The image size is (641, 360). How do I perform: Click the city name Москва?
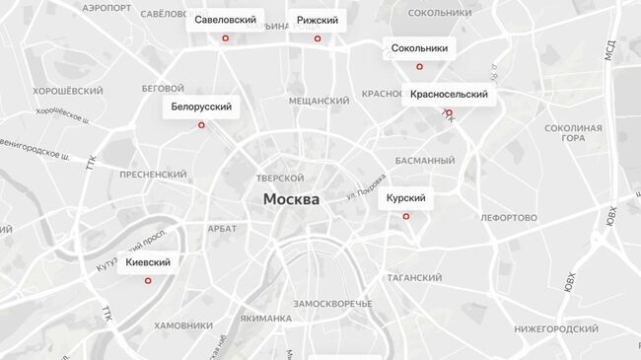(x=291, y=199)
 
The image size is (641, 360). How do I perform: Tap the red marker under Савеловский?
(x=226, y=38)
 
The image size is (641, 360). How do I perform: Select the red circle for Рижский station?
(x=318, y=38)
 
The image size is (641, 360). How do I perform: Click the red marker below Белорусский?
(x=201, y=125)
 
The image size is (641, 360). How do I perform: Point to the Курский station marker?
(x=406, y=217)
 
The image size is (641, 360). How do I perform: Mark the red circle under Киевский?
(x=148, y=281)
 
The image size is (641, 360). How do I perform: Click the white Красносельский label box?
(x=449, y=95)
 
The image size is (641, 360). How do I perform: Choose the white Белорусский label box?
(x=201, y=107)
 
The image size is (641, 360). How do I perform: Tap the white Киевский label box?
(x=148, y=262)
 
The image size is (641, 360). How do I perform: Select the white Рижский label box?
(x=318, y=20)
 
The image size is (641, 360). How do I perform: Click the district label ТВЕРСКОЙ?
(x=280, y=179)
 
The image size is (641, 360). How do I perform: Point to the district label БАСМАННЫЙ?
(x=424, y=160)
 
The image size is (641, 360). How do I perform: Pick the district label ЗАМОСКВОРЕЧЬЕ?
(x=332, y=303)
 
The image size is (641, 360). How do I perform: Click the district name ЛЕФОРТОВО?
(x=508, y=217)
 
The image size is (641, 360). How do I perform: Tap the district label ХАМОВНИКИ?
(x=183, y=325)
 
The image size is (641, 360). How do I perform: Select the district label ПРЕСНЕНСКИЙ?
(x=153, y=174)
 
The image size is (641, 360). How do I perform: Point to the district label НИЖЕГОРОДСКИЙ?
(x=556, y=328)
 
